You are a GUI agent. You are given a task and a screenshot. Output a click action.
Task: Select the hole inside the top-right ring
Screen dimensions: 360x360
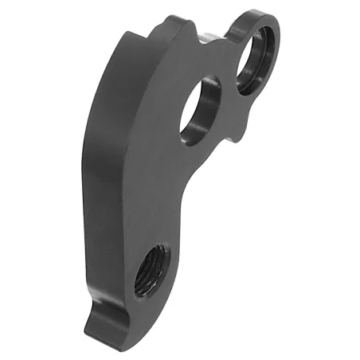tap(256, 51)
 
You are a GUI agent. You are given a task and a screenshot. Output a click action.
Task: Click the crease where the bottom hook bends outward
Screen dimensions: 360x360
tap(108, 307)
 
